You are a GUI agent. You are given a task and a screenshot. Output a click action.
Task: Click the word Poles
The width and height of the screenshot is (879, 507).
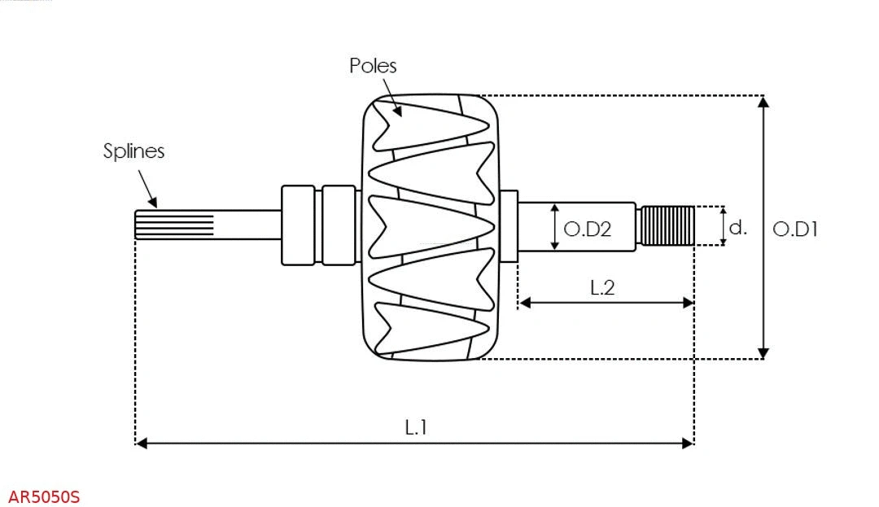373,66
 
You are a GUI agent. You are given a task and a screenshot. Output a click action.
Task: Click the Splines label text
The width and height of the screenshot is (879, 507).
133,151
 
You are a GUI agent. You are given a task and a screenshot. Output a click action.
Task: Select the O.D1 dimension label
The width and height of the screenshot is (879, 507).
794,229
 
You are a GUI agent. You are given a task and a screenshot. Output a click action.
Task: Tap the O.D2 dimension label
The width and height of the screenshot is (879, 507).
587,229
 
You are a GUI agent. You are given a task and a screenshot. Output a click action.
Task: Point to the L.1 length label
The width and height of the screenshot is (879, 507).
416,427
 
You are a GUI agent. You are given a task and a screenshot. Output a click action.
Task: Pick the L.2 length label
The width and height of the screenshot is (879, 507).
601,287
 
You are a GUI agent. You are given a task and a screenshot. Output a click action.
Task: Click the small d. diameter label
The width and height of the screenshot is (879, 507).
737,227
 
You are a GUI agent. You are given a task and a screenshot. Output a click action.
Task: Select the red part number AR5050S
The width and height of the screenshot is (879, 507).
44,497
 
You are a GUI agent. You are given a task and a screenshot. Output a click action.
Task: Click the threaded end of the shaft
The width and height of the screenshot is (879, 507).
667,225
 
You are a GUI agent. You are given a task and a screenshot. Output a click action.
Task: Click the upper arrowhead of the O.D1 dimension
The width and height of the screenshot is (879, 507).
763,102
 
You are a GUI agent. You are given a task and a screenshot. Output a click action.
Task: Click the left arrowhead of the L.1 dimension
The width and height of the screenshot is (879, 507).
142,443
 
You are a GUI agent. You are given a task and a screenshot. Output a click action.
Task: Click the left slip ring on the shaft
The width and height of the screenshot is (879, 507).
298,225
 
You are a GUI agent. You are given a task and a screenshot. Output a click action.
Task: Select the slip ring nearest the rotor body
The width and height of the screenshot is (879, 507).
339,225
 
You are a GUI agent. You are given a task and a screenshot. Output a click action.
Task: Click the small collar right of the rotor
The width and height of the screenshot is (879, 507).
509,226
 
